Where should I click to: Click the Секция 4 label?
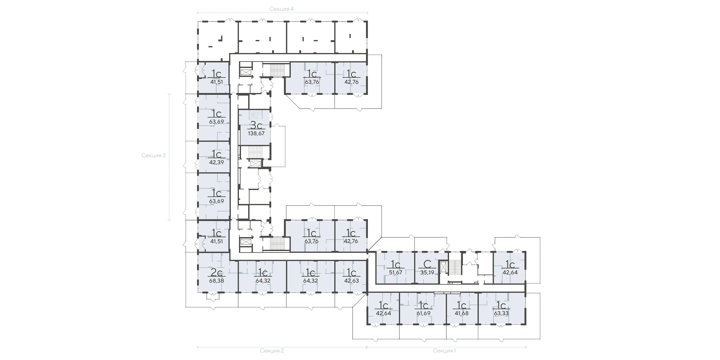click(x=281, y=9)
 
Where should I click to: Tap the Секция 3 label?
click(x=154, y=155)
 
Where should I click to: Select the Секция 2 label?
click(x=272, y=350)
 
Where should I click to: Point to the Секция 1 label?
click(x=444, y=350)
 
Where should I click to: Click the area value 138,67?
click(x=256, y=133)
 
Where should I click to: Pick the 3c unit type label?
click(x=256, y=125)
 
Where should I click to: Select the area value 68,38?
click(x=217, y=281)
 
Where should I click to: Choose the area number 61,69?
click(x=424, y=313)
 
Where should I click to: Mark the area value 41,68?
click(x=461, y=313)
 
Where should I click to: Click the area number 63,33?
click(x=501, y=313)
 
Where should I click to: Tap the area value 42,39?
click(x=217, y=162)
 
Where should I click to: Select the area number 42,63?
click(x=352, y=281)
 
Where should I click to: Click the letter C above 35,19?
click(x=427, y=264)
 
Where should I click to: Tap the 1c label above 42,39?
click(x=217, y=154)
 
